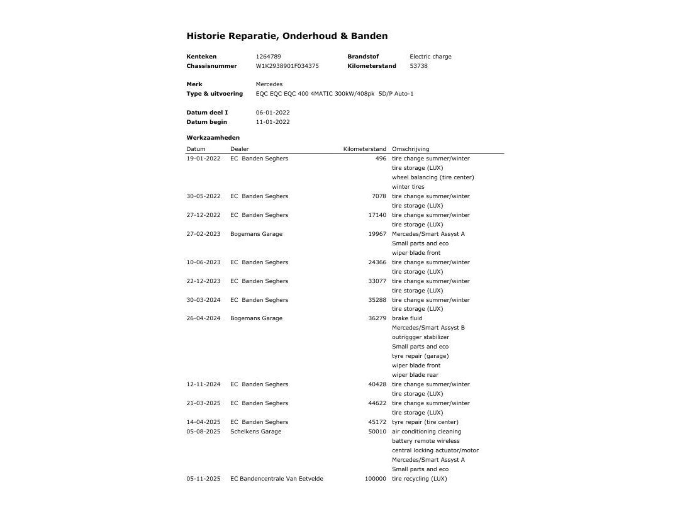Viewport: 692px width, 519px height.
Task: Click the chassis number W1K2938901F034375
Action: coord(287,66)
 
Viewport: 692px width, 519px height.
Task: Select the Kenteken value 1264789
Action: coord(268,57)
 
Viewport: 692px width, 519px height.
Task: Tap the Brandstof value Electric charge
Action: coord(430,57)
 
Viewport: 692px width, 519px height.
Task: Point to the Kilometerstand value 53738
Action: coord(418,66)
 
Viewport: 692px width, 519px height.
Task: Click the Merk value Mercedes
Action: coord(269,84)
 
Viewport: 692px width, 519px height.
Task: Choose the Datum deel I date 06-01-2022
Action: coord(272,113)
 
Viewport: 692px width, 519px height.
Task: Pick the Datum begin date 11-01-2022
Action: coord(272,122)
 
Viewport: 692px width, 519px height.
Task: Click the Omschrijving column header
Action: coord(410,149)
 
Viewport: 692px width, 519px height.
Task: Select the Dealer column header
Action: coord(240,149)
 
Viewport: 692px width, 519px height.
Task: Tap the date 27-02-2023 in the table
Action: coord(203,234)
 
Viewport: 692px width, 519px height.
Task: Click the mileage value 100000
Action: coord(375,479)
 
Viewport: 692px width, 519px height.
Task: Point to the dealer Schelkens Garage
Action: coord(256,432)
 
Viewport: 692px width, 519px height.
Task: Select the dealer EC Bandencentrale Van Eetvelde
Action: coord(277,479)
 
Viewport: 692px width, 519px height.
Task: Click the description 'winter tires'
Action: coord(408,187)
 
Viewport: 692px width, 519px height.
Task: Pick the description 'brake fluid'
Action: coord(407,318)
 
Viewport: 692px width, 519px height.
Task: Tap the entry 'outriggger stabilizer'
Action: coord(420,337)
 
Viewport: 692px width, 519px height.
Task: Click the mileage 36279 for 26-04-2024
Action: coord(377,318)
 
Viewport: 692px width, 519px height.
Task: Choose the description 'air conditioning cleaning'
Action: coord(426,432)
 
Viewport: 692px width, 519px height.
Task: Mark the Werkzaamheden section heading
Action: coord(213,138)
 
